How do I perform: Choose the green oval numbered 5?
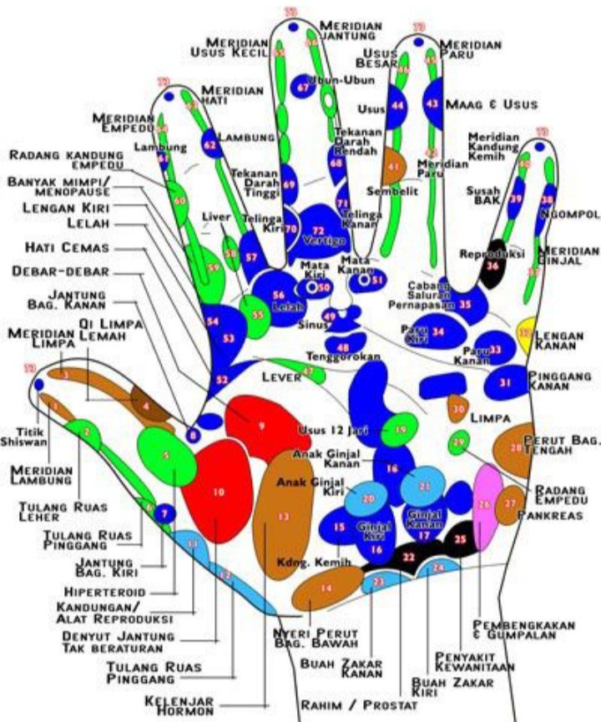[x=166, y=455]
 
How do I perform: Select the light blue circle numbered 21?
[x=425, y=486]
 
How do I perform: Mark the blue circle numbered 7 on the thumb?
[x=164, y=513]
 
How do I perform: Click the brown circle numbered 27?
[x=509, y=504]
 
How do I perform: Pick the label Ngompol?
[x=565, y=214]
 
